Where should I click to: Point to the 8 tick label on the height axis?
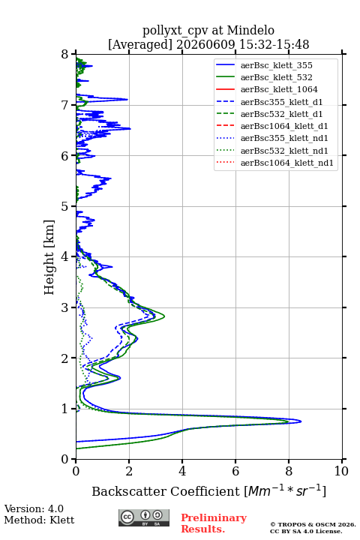click(x=65, y=54)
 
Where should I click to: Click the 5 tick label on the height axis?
click(x=65, y=206)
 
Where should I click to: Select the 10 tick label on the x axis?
click(x=341, y=471)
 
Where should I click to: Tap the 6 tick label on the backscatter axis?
click(x=235, y=471)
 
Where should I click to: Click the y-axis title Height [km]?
click(x=49, y=257)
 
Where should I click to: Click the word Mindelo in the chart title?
click(x=250, y=30)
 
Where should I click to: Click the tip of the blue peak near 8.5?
click(x=301, y=421)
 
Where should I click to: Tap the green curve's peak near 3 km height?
click(x=164, y=316)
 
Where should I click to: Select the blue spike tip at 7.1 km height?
click(x=127, y=100)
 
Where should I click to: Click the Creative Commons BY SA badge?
click(x=144, y=517)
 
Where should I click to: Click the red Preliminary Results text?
click(x=214, y=523)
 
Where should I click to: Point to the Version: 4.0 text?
click(x=34, y=508)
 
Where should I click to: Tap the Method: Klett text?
click(x=39, y=520)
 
